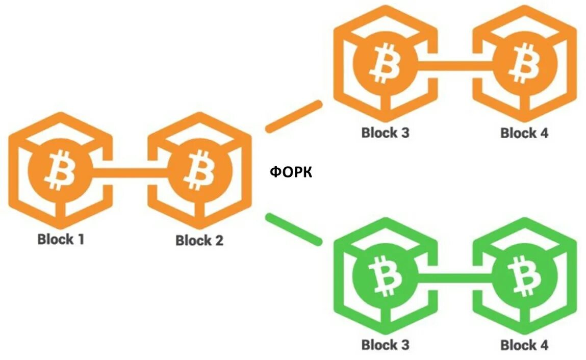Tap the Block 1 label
[x=61, y=239]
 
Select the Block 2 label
[x=199, y=240]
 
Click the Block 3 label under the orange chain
[x=385, y=133]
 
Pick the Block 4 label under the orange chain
[x=524, y=134]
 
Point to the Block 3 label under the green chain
[x=385, y=345]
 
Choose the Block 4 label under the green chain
[x=524, y=345]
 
